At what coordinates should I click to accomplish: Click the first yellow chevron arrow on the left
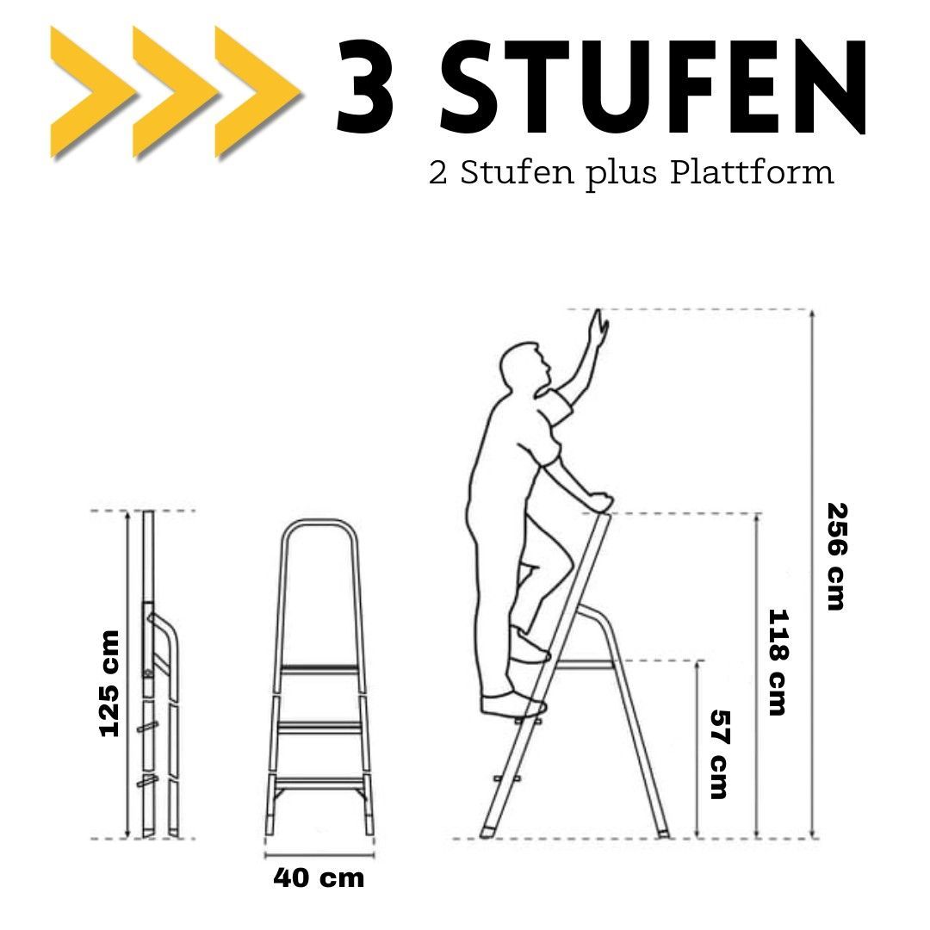tap(89, 92)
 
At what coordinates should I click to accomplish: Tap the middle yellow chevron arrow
tap(172, 92)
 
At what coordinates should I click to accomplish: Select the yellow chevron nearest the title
tap(255, 92)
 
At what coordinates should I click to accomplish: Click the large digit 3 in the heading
tap(365, 86)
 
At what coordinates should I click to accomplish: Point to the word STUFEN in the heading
tap(653, 86)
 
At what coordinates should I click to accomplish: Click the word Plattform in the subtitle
tap(752, 172)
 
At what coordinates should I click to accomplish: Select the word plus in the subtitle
tap(623, 174)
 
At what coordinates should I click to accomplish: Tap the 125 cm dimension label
tap(109, 683)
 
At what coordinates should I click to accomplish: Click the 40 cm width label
tap(319, 878)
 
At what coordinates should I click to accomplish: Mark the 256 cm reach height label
tap(836, 556)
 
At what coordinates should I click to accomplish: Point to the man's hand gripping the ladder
tap(598, 502)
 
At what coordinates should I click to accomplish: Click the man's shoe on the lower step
tap(513, 705)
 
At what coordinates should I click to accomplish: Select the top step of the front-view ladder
tap(320, 670)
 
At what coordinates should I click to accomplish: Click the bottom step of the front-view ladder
tap(319, 782)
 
